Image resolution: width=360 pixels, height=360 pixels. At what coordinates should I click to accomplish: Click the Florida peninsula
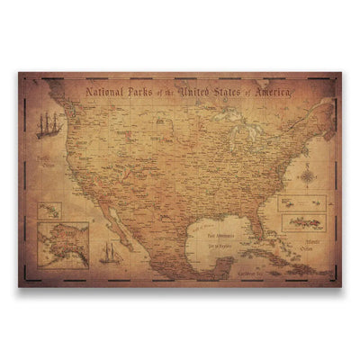(259, 225)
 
